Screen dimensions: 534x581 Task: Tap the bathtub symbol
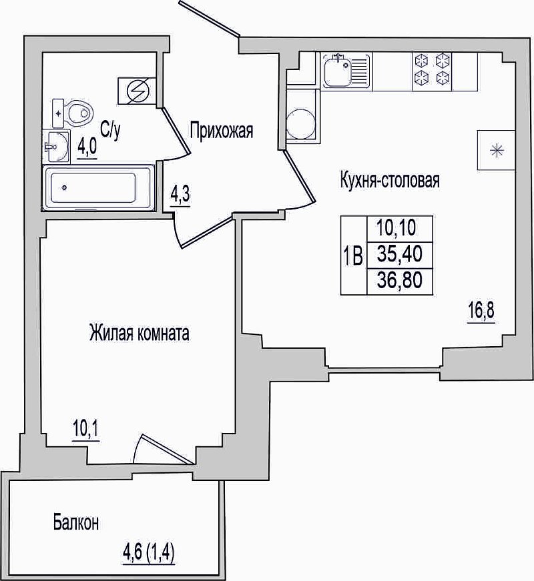98,188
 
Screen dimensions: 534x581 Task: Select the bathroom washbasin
56,146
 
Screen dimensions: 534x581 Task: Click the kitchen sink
346,71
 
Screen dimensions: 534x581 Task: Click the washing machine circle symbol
301,123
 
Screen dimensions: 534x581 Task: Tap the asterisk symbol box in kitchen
496,150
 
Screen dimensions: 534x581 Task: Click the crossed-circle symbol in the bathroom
137,91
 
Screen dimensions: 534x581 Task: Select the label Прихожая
222,131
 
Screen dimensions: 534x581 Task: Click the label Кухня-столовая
390,181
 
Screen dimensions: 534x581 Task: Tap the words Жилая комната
139,333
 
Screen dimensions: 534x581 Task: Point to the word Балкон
76,523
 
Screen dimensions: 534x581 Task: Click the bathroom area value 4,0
87,148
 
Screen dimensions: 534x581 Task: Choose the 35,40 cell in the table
400,255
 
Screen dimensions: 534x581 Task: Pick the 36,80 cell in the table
400,281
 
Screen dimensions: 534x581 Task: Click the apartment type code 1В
353,256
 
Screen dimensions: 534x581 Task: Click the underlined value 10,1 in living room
86,430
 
